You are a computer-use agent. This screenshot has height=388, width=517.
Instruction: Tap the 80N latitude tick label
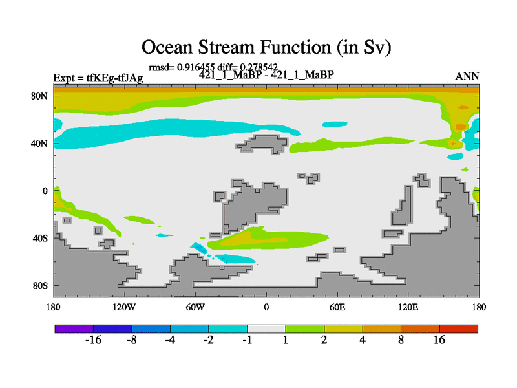click(39, 96)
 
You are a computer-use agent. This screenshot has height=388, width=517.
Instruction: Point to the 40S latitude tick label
click(40, 238)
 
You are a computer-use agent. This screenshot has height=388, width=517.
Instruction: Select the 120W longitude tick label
click(124, 307)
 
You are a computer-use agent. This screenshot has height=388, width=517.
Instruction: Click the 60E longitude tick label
click(337, 307)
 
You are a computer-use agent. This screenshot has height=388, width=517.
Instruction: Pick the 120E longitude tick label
click(408, 307)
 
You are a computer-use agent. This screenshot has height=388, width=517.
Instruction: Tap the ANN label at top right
click(467, 76)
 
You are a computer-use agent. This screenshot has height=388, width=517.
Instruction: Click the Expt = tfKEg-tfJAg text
click(98, 78)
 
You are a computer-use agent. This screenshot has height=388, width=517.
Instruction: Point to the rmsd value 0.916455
click(196, 67)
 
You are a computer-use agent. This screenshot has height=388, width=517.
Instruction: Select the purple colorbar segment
click(74, 329)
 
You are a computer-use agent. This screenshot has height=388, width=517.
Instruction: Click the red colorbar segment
click(459, 329)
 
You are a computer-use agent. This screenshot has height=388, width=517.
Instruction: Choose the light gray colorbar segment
click(266, 329)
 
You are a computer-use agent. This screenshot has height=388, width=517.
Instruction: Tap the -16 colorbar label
click(93, 340)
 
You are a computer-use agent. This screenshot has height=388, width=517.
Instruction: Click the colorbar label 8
click(401, 340)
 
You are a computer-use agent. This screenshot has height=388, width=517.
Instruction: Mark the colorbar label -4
click(170, 340)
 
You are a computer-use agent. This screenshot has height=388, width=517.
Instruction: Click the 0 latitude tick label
click(45, 191)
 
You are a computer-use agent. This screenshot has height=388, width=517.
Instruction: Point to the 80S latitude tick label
click(40, 286)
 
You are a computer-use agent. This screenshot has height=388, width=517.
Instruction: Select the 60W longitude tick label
click(195, 307)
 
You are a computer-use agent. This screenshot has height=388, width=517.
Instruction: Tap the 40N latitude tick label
click(39, 144)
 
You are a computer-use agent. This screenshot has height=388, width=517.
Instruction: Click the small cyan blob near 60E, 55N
click(335, 124)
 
